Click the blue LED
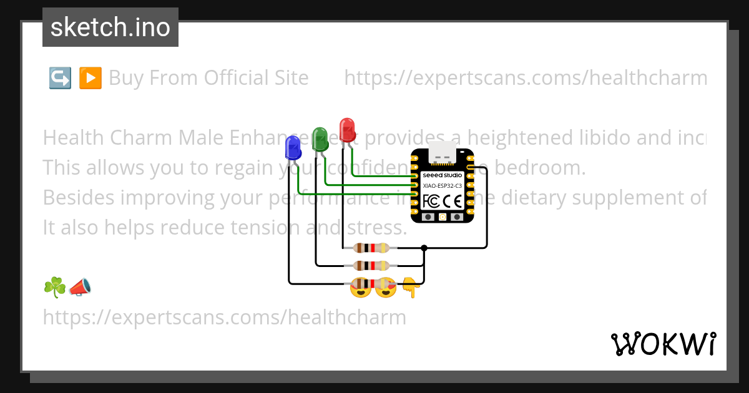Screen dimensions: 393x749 coord(292,148)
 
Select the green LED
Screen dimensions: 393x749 coord(320,138)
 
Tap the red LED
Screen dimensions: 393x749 coord(347,129)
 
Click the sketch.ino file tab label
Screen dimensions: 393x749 coord(110,27)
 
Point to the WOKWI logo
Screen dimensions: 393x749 coord(663,344)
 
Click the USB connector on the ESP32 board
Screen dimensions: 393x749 coord(442,151)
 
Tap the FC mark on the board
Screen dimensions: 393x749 coord(432,201)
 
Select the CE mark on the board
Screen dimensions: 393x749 coord(456,201)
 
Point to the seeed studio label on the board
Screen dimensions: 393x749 coord(442,175)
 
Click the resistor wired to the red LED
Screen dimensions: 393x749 coord(371,248)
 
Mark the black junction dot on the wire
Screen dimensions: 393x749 coord(424,248)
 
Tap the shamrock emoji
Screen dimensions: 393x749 coord(54,287)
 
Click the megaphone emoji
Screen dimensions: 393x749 coord(80,287)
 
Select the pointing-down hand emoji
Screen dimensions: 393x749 coord(409,288)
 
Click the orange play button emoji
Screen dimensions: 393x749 coord(91,78)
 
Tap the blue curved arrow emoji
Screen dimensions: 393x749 coord(60,78)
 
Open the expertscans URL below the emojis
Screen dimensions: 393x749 coord(224,318)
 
